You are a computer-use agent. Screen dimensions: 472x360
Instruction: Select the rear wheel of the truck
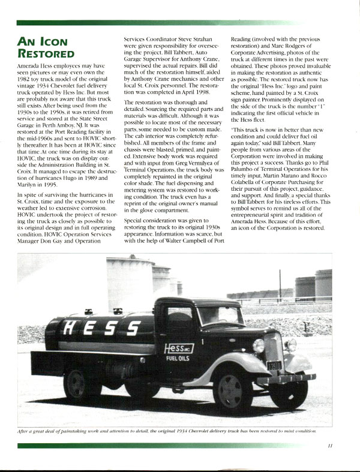tap(82, 384)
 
